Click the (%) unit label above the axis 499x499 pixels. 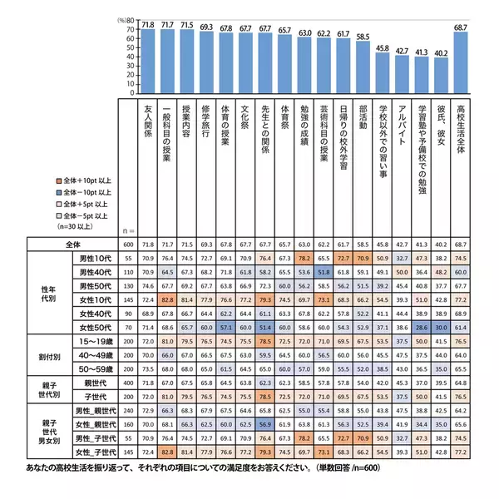pos(123,19)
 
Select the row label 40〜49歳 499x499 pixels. pos(95,355)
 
